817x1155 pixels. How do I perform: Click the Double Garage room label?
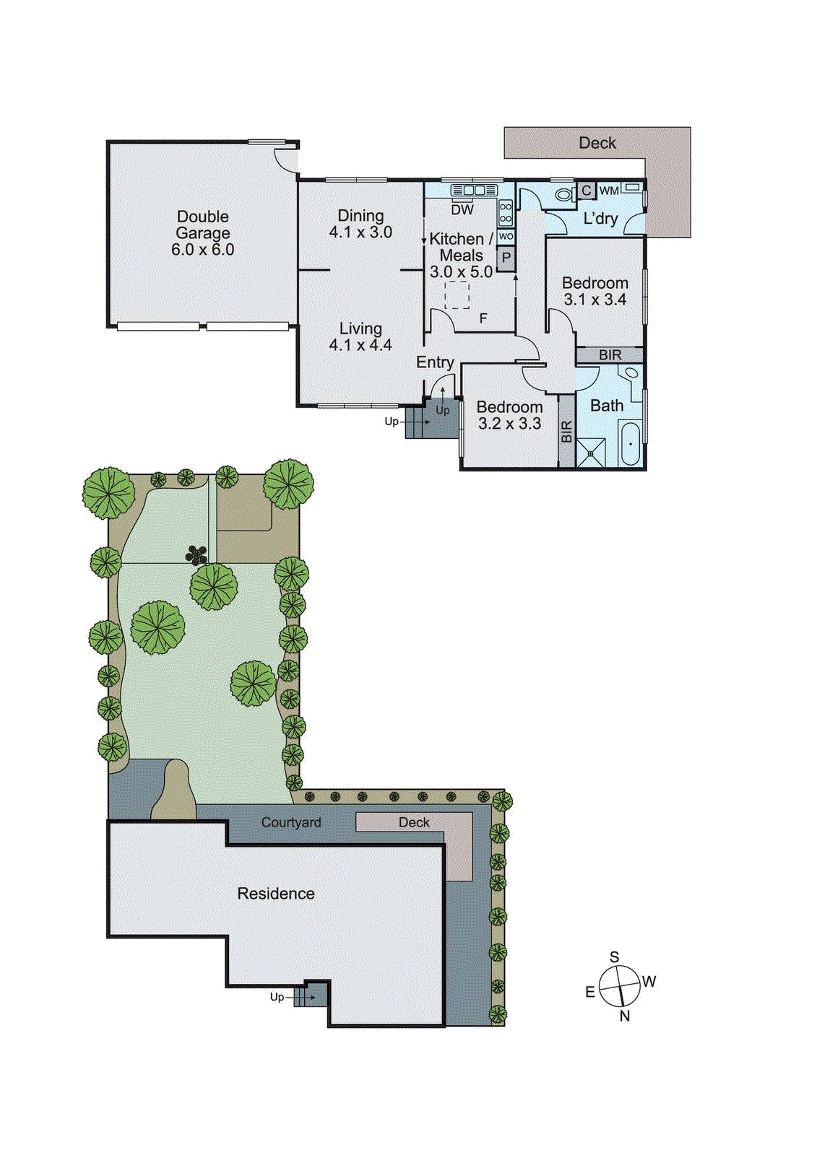[x=202, y=232]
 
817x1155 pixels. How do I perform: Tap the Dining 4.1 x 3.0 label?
[x=360, y=224]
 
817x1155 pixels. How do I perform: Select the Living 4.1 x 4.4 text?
[x=360, y=337]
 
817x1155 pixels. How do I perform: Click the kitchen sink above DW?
[x=474, y=190]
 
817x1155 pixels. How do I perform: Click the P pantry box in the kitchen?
[x=506, y=258]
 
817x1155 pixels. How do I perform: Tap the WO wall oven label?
[x=506, y=236]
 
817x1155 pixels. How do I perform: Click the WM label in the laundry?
[x=609, y=191]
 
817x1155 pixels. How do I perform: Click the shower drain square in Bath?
[x=590, y=454]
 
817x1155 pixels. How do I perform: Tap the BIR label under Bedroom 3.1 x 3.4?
[x=610, y=355]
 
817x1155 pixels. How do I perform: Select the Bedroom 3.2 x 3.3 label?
[x=509, y=415]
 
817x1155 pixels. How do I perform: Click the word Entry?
[x=435, y=362]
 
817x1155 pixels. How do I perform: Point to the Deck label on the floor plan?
[x=597, y=143]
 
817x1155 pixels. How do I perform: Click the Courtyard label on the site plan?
[x=291, y=822]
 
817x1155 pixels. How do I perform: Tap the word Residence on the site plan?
[x=276, y=894]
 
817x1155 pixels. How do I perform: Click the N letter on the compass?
[x=625, y=1016]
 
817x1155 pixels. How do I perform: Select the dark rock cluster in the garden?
[x=196, y=555]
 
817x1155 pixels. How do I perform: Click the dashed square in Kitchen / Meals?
[x=457, y=295]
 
